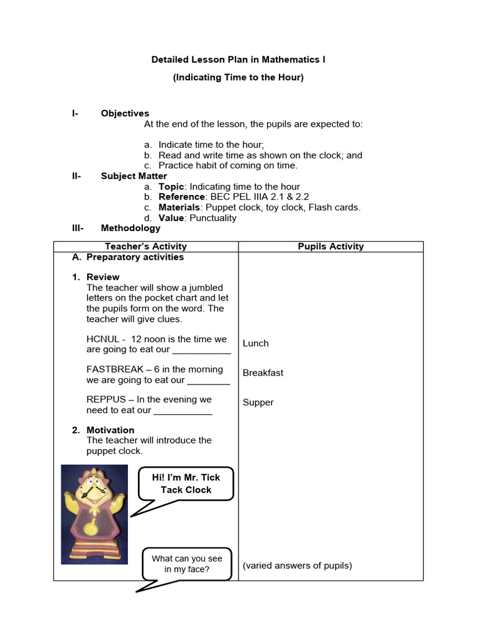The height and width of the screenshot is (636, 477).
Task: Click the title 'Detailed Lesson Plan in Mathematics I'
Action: click(x=238, y=60)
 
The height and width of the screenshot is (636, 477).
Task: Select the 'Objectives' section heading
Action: click(x=125, y=113)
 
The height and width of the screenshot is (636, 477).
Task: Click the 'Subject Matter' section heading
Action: click(x=134, y=176)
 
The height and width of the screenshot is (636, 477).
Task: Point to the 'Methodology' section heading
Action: click(x=130, y=228)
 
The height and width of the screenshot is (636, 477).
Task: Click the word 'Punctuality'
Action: click(x=213, y=218)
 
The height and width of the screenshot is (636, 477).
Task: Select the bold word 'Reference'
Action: click(x=181, y=197)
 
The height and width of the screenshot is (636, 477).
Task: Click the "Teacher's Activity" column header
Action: click(x=146, y=247)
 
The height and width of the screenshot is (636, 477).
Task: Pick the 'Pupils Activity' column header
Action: click(x=330, y=247)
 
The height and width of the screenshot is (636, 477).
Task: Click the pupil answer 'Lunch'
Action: click(x=256, y=343)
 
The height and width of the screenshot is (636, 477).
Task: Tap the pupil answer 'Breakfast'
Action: click(x=263, y=373)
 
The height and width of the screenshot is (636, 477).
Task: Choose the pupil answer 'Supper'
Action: click(x=258, y=402)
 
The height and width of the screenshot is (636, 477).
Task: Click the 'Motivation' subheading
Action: click(x=110, y=430)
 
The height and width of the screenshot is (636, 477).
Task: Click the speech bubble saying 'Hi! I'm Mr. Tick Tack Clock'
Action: click(x=186, y=483)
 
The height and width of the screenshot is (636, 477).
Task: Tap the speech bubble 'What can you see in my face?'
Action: click(x=186, y=564)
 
